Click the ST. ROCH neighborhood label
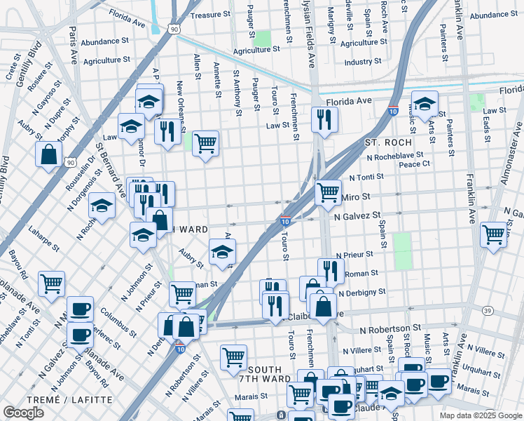tap(382, 142)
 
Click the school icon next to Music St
tap(424, 104)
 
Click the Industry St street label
tap(362, 62)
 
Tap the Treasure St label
tap(210, 14)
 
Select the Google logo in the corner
tap(24, 413)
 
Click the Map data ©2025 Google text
tap(480, 415)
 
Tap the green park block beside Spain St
tap(402, 251)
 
